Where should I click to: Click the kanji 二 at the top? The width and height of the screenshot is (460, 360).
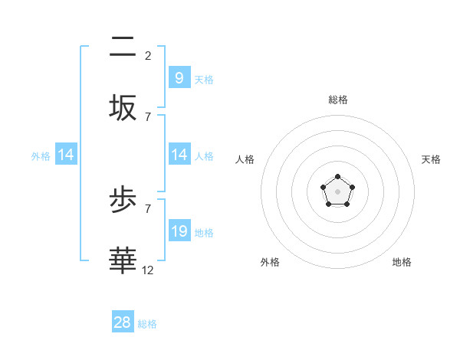[x=123, y=47]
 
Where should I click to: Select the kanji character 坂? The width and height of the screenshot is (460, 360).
[x=123, y=107]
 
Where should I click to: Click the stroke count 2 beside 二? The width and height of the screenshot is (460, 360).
[x=148, y=55]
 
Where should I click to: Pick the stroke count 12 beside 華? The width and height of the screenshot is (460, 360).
[x=148, y=270]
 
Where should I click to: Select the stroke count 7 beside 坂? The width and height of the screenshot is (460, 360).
[x=148, y=116]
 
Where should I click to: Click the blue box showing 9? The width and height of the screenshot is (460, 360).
[x=179, y=77]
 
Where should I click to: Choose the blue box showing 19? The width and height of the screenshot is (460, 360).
[x=179, y=231]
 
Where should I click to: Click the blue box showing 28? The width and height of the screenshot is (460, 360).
[x=123, y=322]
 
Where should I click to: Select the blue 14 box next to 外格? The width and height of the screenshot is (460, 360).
[x=66, y=155]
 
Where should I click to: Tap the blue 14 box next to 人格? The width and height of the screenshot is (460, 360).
[x=179, y=155]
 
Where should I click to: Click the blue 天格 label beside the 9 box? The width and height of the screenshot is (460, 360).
[x=204, y=79]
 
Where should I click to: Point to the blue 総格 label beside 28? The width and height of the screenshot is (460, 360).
[x=147, y=324]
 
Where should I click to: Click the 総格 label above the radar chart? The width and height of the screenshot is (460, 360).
[x=338, y=100]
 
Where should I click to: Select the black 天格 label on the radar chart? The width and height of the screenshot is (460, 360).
[x=431, y=159]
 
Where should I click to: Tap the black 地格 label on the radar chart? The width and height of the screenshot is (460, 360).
[x=402, y=262]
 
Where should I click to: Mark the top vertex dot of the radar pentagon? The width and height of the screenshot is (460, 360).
[x=337, y=177]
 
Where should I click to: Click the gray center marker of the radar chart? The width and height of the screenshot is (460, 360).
[x=337, y=191]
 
